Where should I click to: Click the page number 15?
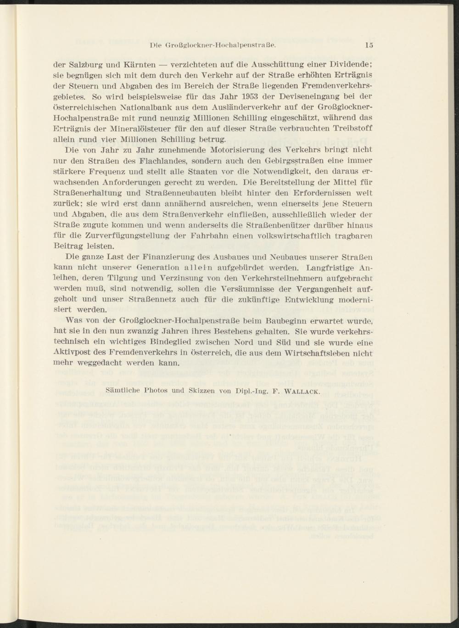click(369, 45)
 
